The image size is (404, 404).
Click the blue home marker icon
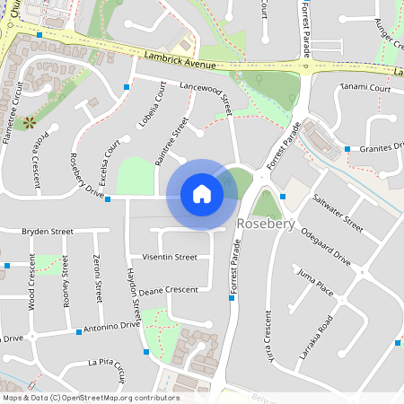202,194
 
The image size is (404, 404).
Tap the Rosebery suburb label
265,224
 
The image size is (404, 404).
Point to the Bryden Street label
48,231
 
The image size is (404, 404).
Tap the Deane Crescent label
168,290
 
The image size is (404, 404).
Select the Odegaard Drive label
326,243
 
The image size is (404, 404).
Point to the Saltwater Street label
338,212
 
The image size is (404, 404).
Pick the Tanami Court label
365,89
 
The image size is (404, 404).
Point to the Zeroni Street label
96,278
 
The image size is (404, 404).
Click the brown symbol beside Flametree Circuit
29,120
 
